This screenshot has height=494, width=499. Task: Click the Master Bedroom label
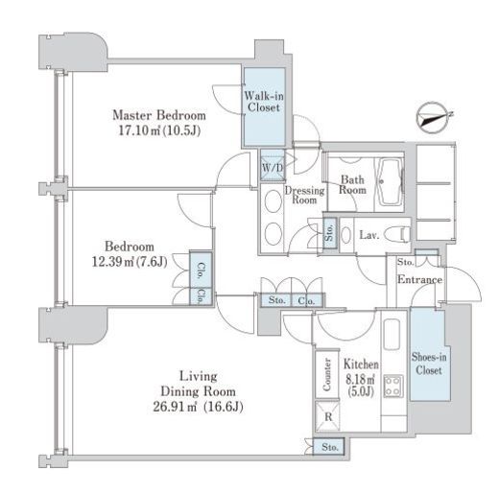coord(159,115)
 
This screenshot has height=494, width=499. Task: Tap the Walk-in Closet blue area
coord(265,106)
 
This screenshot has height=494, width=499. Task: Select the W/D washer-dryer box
coord(273,168)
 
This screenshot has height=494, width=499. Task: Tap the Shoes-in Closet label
coord(429,364)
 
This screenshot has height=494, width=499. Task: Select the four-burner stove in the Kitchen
coord(393,387)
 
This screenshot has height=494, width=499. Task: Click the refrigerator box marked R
coord(327,416)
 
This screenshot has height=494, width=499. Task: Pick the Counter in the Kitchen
coord(327,374)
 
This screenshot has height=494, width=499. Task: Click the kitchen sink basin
coord(392,335)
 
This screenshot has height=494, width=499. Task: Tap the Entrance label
coord(419,279)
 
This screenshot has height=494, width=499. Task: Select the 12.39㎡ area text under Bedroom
coord(111,262)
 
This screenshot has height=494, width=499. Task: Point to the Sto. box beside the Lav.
coord(330,233)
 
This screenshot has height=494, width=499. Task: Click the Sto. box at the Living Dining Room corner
coord(329,446)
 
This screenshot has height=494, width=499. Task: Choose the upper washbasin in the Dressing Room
coord(273,201)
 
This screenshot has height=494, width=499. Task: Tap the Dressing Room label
coord(304,196)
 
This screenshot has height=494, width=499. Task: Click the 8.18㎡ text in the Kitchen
coord(361,380)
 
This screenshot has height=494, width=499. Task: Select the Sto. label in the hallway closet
coord(277,300)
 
